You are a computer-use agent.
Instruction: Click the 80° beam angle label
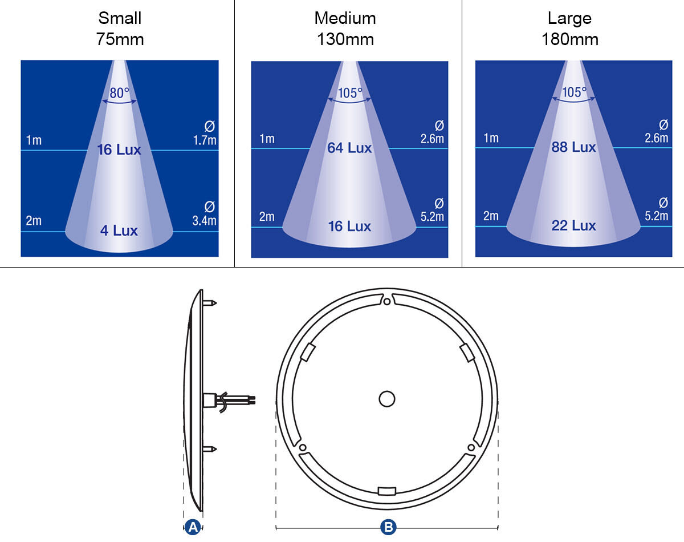tap(120, 93)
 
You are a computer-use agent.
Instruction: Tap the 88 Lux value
tap(573, 147)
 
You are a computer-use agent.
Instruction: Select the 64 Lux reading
tap(349, 148)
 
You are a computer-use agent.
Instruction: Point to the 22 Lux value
tap(573, 225)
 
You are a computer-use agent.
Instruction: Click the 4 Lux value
tap(119, 230)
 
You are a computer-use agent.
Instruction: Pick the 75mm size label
tap(120, 39)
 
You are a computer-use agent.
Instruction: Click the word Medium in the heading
tap(345, 18)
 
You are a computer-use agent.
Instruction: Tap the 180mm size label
tap(570, 39)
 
